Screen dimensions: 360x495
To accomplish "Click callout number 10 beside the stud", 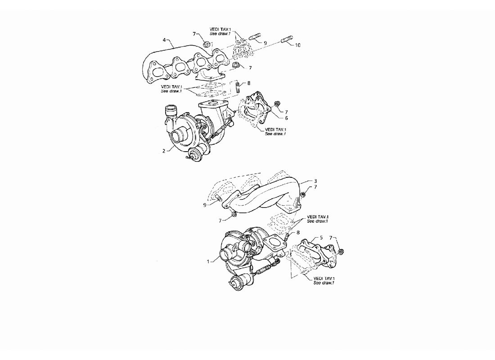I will [297, 45].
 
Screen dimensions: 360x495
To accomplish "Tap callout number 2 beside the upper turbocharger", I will [164, 151].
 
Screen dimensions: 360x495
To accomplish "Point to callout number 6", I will [286, 118].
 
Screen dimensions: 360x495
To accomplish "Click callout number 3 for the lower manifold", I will [315, 181].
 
